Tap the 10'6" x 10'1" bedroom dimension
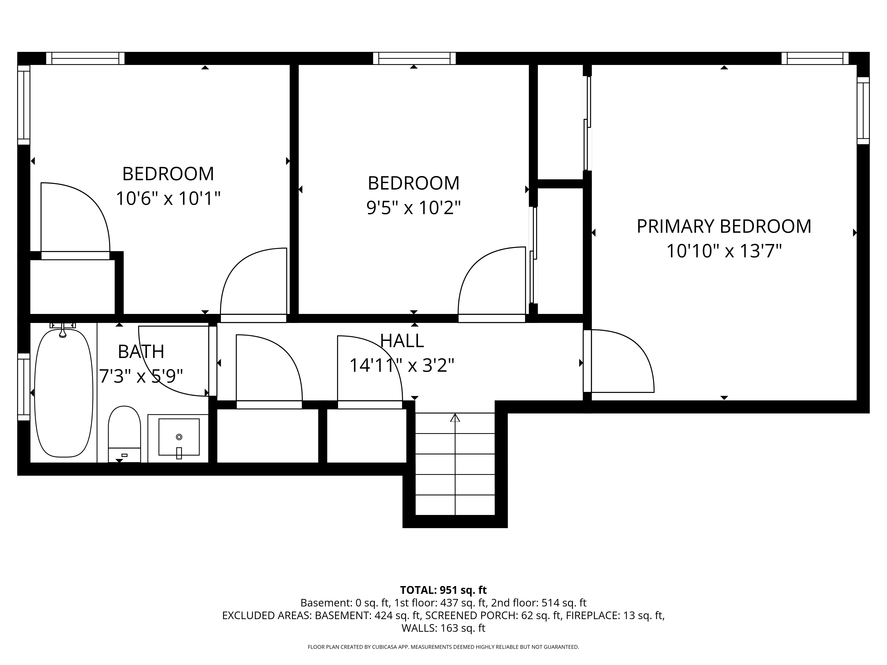pyautogui.click(x=168, y=198)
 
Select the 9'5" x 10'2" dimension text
pyautogui.click(x=413, y=208)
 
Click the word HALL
pyautogui.click(x=402, y=341)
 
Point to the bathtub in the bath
pyautogui.click(x=64, y=392)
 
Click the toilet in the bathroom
pyautogui.click(x=124, y=434)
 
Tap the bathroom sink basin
pyautogui.click(x=179, y=437)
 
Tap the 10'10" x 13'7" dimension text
pyautogui.click(x=724, y=251)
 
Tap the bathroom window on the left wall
pyautogui.click(x=24, y=387)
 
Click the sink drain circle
pyautogui.click(x=179, y=437)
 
